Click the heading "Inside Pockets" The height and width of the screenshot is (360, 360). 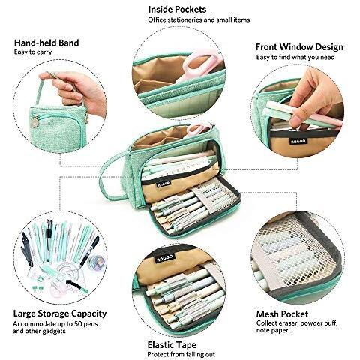(x=177, y=10)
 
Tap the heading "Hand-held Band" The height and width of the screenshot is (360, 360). (x=46, y=43)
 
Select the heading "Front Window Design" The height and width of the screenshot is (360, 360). (x=299, y=47)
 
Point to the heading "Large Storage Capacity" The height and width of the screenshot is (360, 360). (x=60, y=313)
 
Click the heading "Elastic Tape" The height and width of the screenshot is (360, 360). (x=172, y=345)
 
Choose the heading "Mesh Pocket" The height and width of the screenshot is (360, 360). (x=282, y=313)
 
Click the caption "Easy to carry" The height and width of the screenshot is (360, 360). (x=33, y=52)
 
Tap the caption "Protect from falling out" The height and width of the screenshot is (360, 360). (x=181, y=354)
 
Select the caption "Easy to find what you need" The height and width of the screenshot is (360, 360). (x=295, y=58)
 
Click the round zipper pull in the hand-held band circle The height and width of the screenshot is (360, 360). (x=34, y=122)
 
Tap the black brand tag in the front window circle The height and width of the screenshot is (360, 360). (x=298, y=141)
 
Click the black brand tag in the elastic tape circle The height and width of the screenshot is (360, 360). (x=164, y=258)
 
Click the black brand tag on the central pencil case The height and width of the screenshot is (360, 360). (x=163, y=184)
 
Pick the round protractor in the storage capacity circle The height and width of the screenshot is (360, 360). (x=67, y=271)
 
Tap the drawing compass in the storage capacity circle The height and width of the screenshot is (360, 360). (x=27, y=249)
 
